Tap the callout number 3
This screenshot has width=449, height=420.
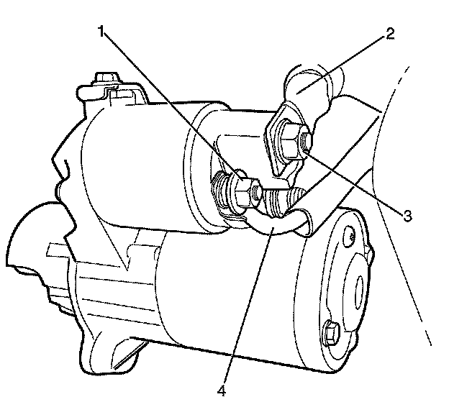(407, 215)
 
